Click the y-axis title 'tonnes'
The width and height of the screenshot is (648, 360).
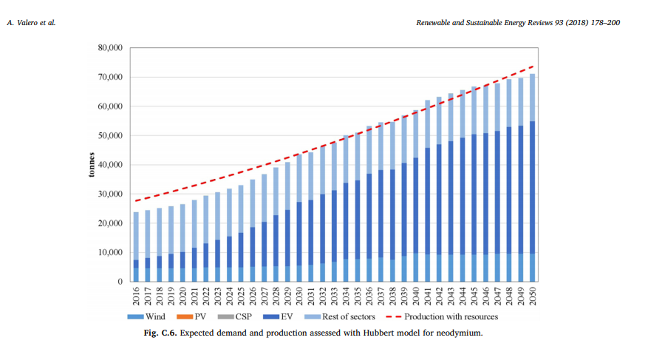pos(90,165)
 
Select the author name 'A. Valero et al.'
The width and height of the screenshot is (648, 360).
pos(31,23)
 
